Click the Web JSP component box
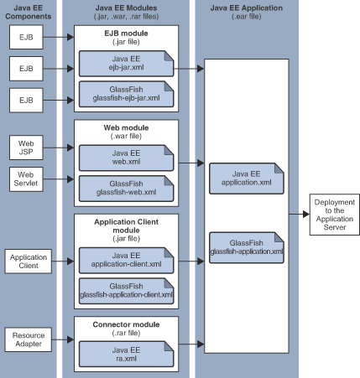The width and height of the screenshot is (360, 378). tap(25, 148)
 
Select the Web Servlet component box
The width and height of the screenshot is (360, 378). tap(25, 179)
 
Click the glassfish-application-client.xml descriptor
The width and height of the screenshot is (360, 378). tap(125, 290)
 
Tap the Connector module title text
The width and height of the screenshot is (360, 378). tap(125, 323)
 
